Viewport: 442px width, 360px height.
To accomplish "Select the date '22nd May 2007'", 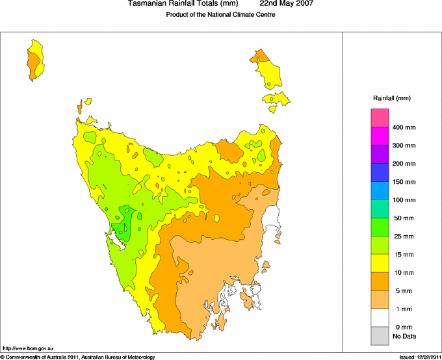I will pyautogui.click(x=286, y=4).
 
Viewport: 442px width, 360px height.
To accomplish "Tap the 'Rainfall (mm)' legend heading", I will pyautogui.click(x=391, y=98).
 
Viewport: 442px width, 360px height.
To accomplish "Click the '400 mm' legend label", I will pyautogui.click(x=403, y=127).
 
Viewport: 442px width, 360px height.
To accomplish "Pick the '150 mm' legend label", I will pyautogui.click(x=403, y=182).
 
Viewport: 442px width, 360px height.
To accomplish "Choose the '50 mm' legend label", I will pyautogui.click(x=403, y=218).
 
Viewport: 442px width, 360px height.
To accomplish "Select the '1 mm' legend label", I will pyautogui.click(x=403, y=309).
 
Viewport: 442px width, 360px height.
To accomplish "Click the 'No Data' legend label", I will pyautogui.click(x=404, y=336).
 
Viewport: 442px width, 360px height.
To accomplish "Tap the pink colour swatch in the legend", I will pyautogui.click(x=380, y=118).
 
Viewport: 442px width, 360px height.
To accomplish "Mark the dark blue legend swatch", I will pyautogui.click(x=380, y=172).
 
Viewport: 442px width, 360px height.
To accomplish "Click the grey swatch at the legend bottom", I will pyautogui.click(x=380, y=335).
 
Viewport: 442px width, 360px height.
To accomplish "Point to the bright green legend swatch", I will pyautogui.click(x=380, y=226).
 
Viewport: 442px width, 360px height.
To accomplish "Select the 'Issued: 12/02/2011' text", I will pyautogui.click(x=419, y=357).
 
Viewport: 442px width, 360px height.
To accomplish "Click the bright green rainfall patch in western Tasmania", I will pyautogui.click(x=123, y=223).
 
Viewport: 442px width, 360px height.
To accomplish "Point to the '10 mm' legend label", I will pyautogui.click(x=403, y=272).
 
